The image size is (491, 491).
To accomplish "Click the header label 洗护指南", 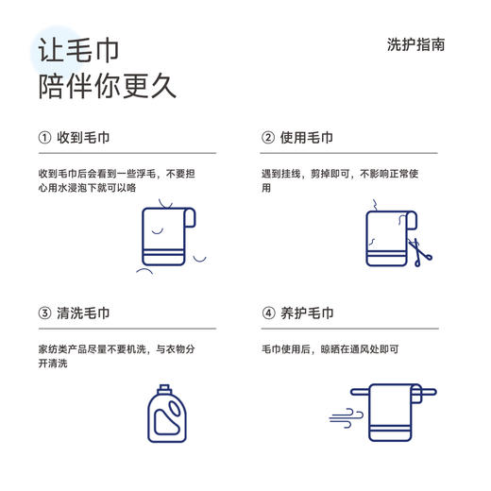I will coord(415,44).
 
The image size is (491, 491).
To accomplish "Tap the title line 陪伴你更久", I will coord(107,86).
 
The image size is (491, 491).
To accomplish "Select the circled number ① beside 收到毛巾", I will coord(44,137).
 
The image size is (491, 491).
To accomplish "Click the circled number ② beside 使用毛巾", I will coord(268,137).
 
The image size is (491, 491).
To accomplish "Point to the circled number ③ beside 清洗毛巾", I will coord(44,313).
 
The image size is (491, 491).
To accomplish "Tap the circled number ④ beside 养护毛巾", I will coord(268,313).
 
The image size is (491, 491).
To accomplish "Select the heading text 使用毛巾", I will coord(307,137).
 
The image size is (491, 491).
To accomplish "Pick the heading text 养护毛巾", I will coord(307,313).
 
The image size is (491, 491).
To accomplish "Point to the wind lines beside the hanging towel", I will coord(345,416).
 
